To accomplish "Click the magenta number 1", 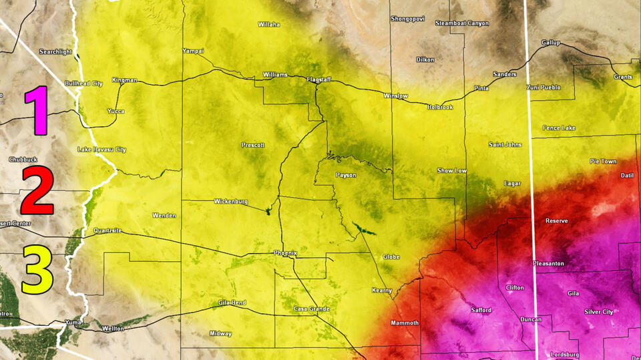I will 36,110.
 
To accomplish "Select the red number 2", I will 37,190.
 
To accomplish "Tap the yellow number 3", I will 37,269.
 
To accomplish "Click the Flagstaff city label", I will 318,79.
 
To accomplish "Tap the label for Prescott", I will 253,145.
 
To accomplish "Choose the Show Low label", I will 452,171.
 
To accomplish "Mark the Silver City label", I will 598,312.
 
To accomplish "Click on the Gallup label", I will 551,43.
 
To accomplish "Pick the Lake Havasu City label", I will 101,149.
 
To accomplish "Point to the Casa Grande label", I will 311,309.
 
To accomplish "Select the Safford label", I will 481,310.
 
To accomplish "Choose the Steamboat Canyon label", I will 462,23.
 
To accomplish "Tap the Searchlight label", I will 55,51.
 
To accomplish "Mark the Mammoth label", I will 404,323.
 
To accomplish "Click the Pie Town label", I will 603,162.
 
